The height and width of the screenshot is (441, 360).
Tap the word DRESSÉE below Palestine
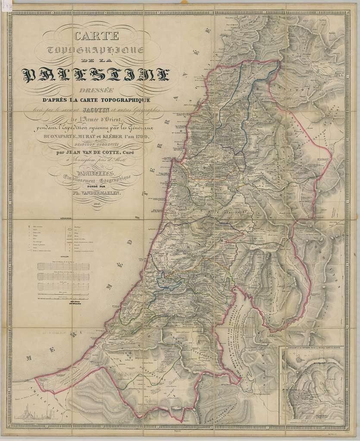point(97,90)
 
